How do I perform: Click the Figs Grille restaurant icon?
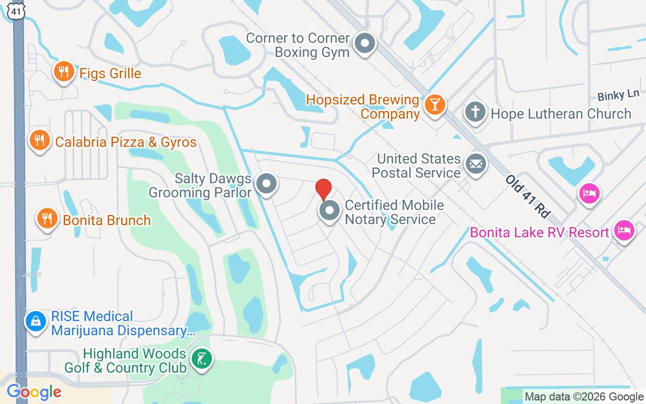pyautogui.click(x=64, y=72)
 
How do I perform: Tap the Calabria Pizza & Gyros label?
pyautogui.click(x=126, y=142)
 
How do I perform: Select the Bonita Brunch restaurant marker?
pyautogui.click(x=47, y=219)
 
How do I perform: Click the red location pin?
pyautogui.click(x=323, y=189)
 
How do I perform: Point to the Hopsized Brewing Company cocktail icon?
pyautogui.click(x=434, y=105)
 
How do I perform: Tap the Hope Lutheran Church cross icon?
pyautogui.click(x=475, y=112)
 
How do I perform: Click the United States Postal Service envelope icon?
pyautogui.click(x=475, y=164)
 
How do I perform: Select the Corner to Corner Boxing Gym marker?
pyautogui.click(x=364, y=44)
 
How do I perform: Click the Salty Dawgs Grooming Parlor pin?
pyautogui.click(x=266, y=184)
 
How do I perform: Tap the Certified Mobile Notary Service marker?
pyautogui.click(x=330, y=211)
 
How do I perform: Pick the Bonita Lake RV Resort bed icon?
pyautogui.click(x=624, y=231)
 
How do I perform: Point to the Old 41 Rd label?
pyautogui.click(x=528, y=196)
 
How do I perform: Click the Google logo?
pyautogui.click(x=34, y=392)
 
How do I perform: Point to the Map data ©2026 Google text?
pyautogui.click(x=584, y=397)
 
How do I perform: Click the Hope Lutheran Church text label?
pyautogui.click(x=561, y=114)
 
